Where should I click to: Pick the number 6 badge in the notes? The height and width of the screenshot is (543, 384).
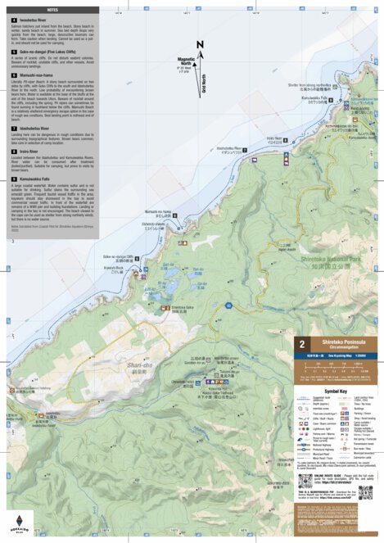point(14,75)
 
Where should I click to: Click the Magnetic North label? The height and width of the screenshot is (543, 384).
point(188,61)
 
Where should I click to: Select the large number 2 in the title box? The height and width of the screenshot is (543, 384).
point(303,346)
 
